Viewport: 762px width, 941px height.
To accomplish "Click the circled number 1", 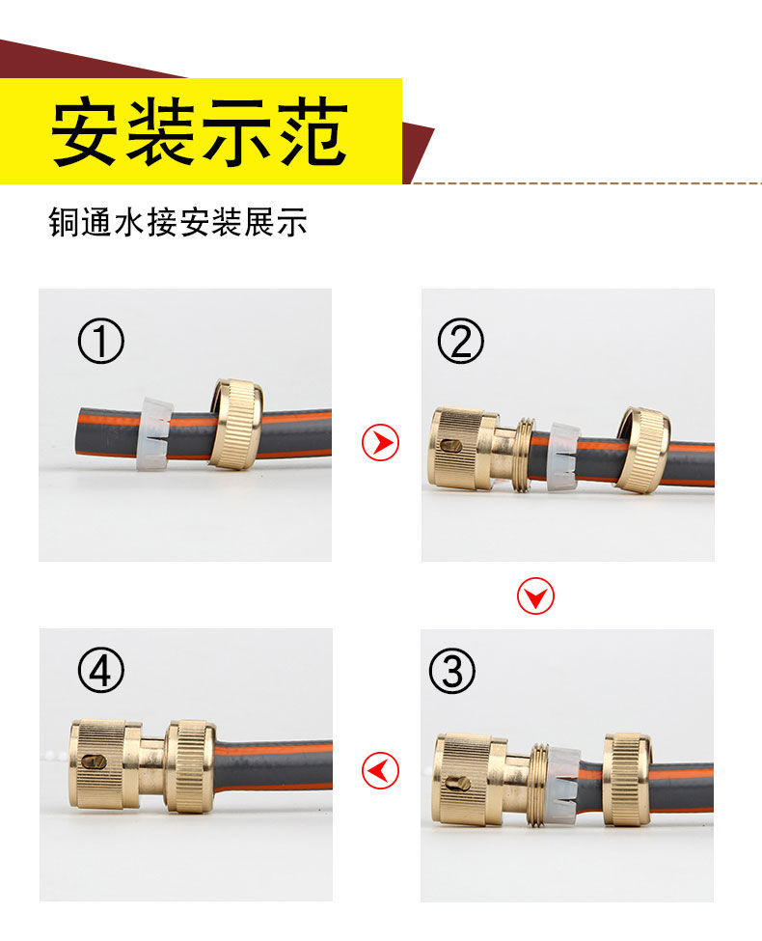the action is (101, 341).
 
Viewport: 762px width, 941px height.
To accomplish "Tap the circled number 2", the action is (460, 341).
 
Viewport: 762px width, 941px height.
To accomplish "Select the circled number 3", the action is (452, 671).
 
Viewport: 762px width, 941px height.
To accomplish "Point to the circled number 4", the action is (101, 670).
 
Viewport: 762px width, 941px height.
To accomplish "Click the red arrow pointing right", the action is (380, 442).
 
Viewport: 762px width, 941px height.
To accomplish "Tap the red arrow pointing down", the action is (535, 595).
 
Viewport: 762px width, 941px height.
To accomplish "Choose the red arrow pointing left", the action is (380, 770).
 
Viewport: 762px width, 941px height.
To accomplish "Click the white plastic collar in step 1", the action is (154, 432).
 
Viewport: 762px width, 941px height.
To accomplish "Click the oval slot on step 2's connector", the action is (450, 446).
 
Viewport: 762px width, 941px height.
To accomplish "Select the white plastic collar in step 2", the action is (563, 457).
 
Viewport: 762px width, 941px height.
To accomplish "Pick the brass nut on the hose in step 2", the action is (642, 450).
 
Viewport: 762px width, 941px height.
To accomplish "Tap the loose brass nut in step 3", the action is (626, 779).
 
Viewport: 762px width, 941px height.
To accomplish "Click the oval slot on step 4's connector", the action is (95, 761).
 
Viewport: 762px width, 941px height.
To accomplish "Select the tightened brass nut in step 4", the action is (190, 767).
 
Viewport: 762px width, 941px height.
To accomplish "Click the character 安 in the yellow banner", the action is (83, 132).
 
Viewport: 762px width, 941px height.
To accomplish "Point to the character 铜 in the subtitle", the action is (65, 222).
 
